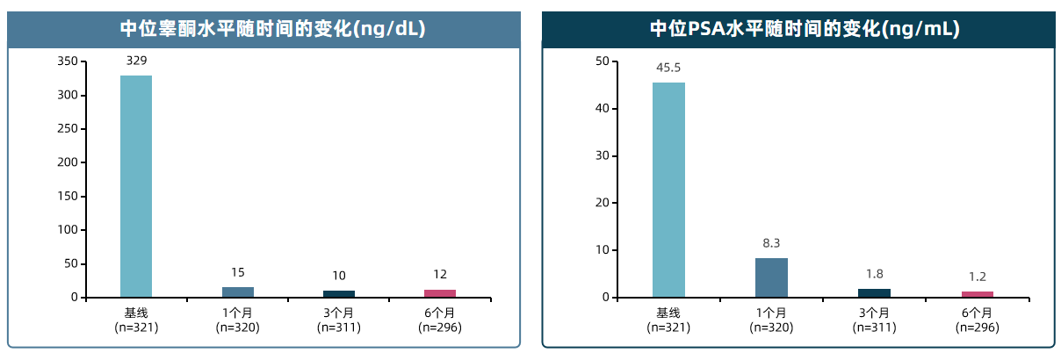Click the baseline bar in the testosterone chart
pyautogui.click(x=136, y=186)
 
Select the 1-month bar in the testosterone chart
pyautogui.click(x=237, y=292)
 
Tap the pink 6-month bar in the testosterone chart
pyautogui.click(x=440, y=293)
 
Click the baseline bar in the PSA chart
pyautogui.click(x=668, y=190)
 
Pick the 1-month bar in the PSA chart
pyautogui.click(x=771, y=277)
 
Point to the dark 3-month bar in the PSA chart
pyautogui.click(x=874, y=292)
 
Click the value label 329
pyautogui.click(x=136, y=61)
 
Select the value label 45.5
pyautogui.click(x=668, y=68)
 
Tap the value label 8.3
pyautogui.click(x=771, y=243)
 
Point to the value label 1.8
pyautogui.click(x=874, y=274)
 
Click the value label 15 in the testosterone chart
pyautogui.click(x=237, y=272)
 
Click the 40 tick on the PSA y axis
pyautogui.click(x=602, y=109)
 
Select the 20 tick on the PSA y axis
pyautogui.click(x=602, y=203)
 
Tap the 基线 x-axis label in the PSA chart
pyautogui.click(x=668, y=313)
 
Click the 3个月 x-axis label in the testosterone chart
pyautogui.click(x=339, y=313)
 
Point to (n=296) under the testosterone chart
pyautogui.click(x=440, y=328)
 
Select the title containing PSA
pyautogui.click(x=804, y=29)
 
